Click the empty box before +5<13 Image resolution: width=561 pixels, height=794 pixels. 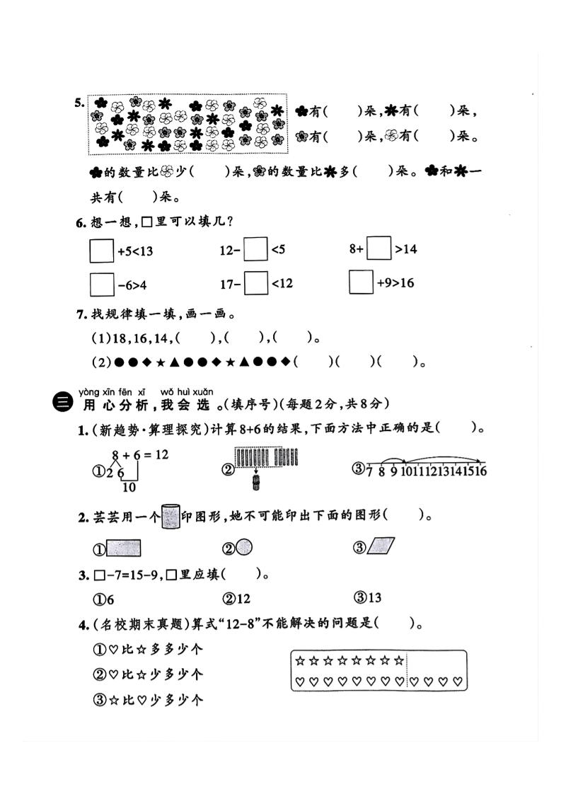[102, 251]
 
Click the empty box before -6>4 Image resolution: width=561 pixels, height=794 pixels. [102, 284]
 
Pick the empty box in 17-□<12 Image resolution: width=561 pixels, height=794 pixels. [256, 283]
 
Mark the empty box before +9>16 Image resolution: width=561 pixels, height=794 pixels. [362, 282]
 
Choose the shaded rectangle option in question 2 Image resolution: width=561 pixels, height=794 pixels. [123, 548]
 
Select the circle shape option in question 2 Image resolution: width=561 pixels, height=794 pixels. [243, 547]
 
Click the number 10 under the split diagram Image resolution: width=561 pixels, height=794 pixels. [129, 487]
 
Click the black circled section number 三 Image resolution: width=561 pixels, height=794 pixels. [62, 403]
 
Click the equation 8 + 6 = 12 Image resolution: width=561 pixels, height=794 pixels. [139, 454]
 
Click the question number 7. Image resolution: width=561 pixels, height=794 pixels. [80, 313]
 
